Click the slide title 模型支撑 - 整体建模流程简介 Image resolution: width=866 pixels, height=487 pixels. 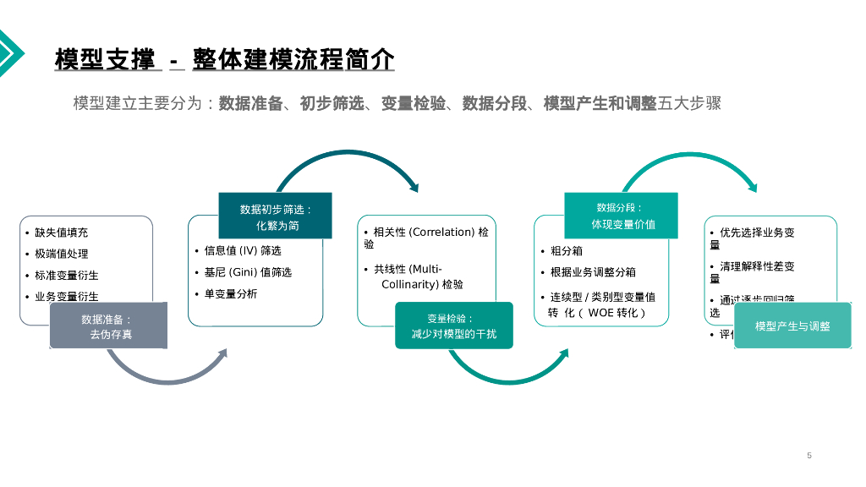point(224,60)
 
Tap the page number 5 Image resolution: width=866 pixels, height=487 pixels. point(809,456)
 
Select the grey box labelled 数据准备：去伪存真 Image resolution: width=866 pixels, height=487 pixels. point(108,326)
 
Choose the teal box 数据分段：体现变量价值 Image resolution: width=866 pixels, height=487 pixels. point(621,216)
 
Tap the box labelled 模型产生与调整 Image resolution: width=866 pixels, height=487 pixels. point(792,326)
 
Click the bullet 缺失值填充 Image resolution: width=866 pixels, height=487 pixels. point(61,233)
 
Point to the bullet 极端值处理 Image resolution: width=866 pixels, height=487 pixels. point(61,254)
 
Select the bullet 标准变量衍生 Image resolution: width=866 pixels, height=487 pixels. point(66,276)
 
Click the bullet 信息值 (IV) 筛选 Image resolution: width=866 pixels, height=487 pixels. point(242,251)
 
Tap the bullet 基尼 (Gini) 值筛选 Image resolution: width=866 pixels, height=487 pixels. point(248,272)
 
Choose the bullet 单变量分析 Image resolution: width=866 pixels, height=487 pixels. point(230,294)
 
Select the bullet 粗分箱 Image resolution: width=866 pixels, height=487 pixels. point(566,251)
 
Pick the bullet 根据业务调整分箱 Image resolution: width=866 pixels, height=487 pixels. point(593,272)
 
